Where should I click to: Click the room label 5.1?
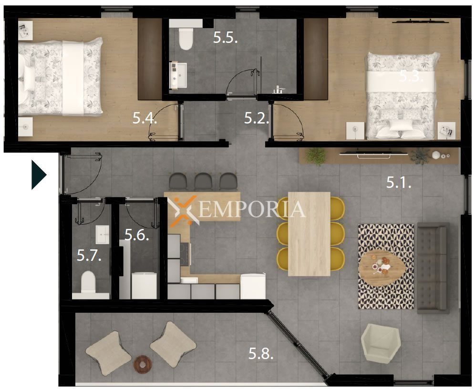399,182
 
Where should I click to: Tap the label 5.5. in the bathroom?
226,38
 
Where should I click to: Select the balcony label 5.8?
261,353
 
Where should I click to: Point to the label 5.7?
89,256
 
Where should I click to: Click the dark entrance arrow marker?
39,175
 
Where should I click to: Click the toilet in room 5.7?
88,282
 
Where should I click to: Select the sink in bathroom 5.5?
178,75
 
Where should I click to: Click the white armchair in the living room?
381,343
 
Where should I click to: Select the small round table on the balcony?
143,363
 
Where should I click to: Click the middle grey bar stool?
203,181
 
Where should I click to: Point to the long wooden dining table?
309,234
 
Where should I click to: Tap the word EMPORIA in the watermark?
251,209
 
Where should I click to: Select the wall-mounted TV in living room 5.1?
373,154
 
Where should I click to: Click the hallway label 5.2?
257,118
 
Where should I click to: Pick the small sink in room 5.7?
103,235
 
